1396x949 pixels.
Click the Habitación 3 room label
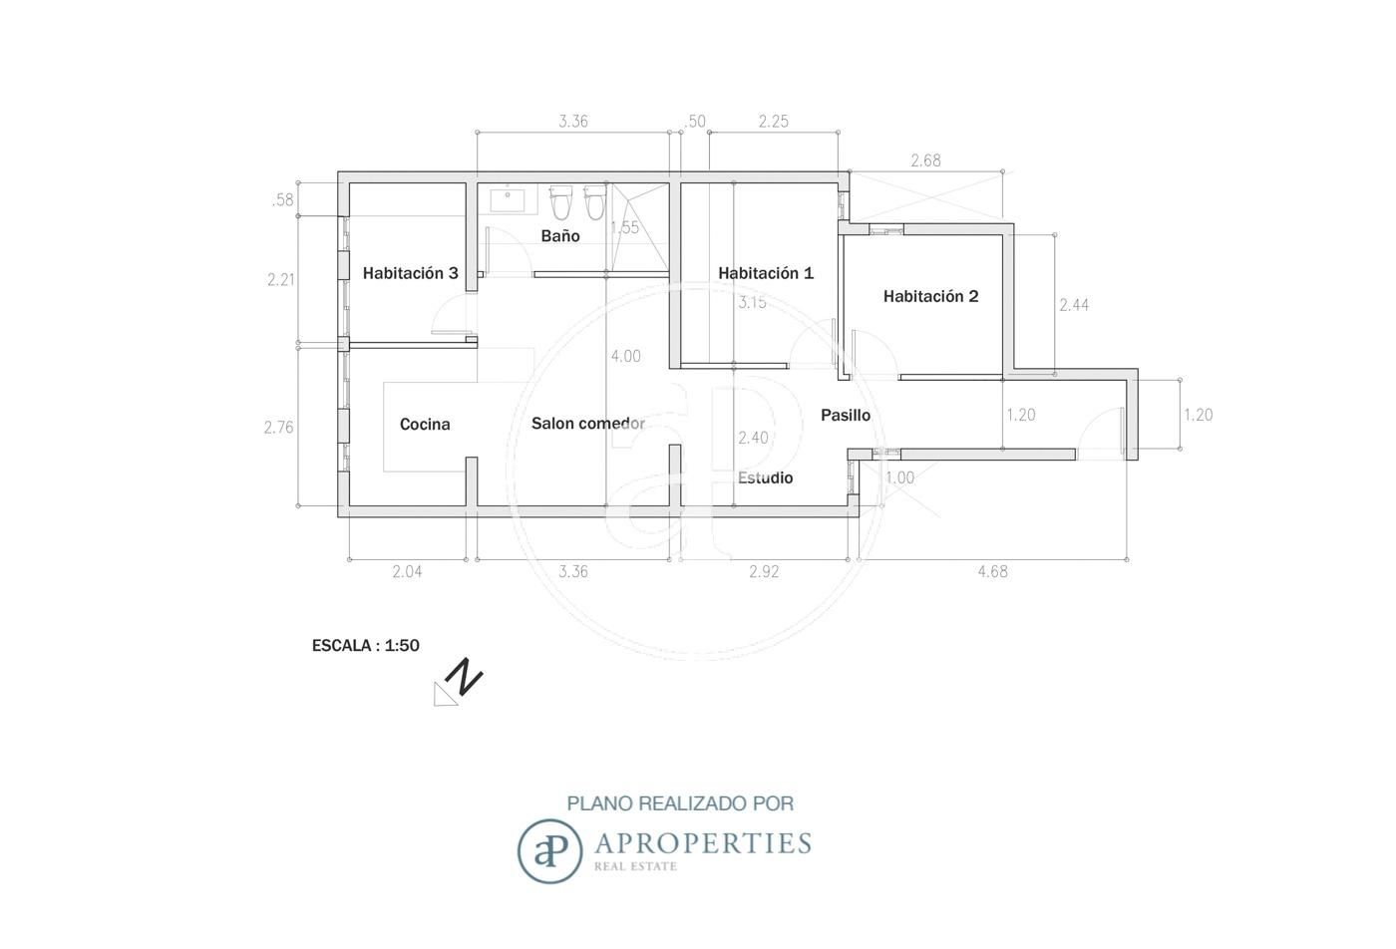click(410, 273)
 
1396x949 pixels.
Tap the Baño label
click(560, 235)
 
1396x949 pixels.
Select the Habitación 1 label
click(766, 273)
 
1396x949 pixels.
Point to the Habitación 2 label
click(931, 297)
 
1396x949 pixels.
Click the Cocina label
click(425, 425)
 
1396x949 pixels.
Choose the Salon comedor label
click(588, 424)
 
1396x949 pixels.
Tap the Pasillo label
click(846, 415)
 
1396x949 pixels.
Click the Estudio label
click(766, 477)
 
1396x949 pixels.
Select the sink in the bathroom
click(508, 200)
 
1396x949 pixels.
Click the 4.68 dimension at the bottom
click(993, 571)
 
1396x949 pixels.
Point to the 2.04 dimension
click(407, 571)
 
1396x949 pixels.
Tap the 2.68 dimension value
click(925, 160)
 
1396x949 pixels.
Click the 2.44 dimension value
click(1075, 305)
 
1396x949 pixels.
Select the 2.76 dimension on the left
click(278, 428)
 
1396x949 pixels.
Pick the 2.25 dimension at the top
click(774, 121)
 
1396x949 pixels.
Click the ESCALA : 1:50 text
click(366, 646)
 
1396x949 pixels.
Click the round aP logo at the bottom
click(549, 850)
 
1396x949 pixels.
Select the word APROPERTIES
click(704, 843)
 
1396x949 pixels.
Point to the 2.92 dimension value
click(764, 571)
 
